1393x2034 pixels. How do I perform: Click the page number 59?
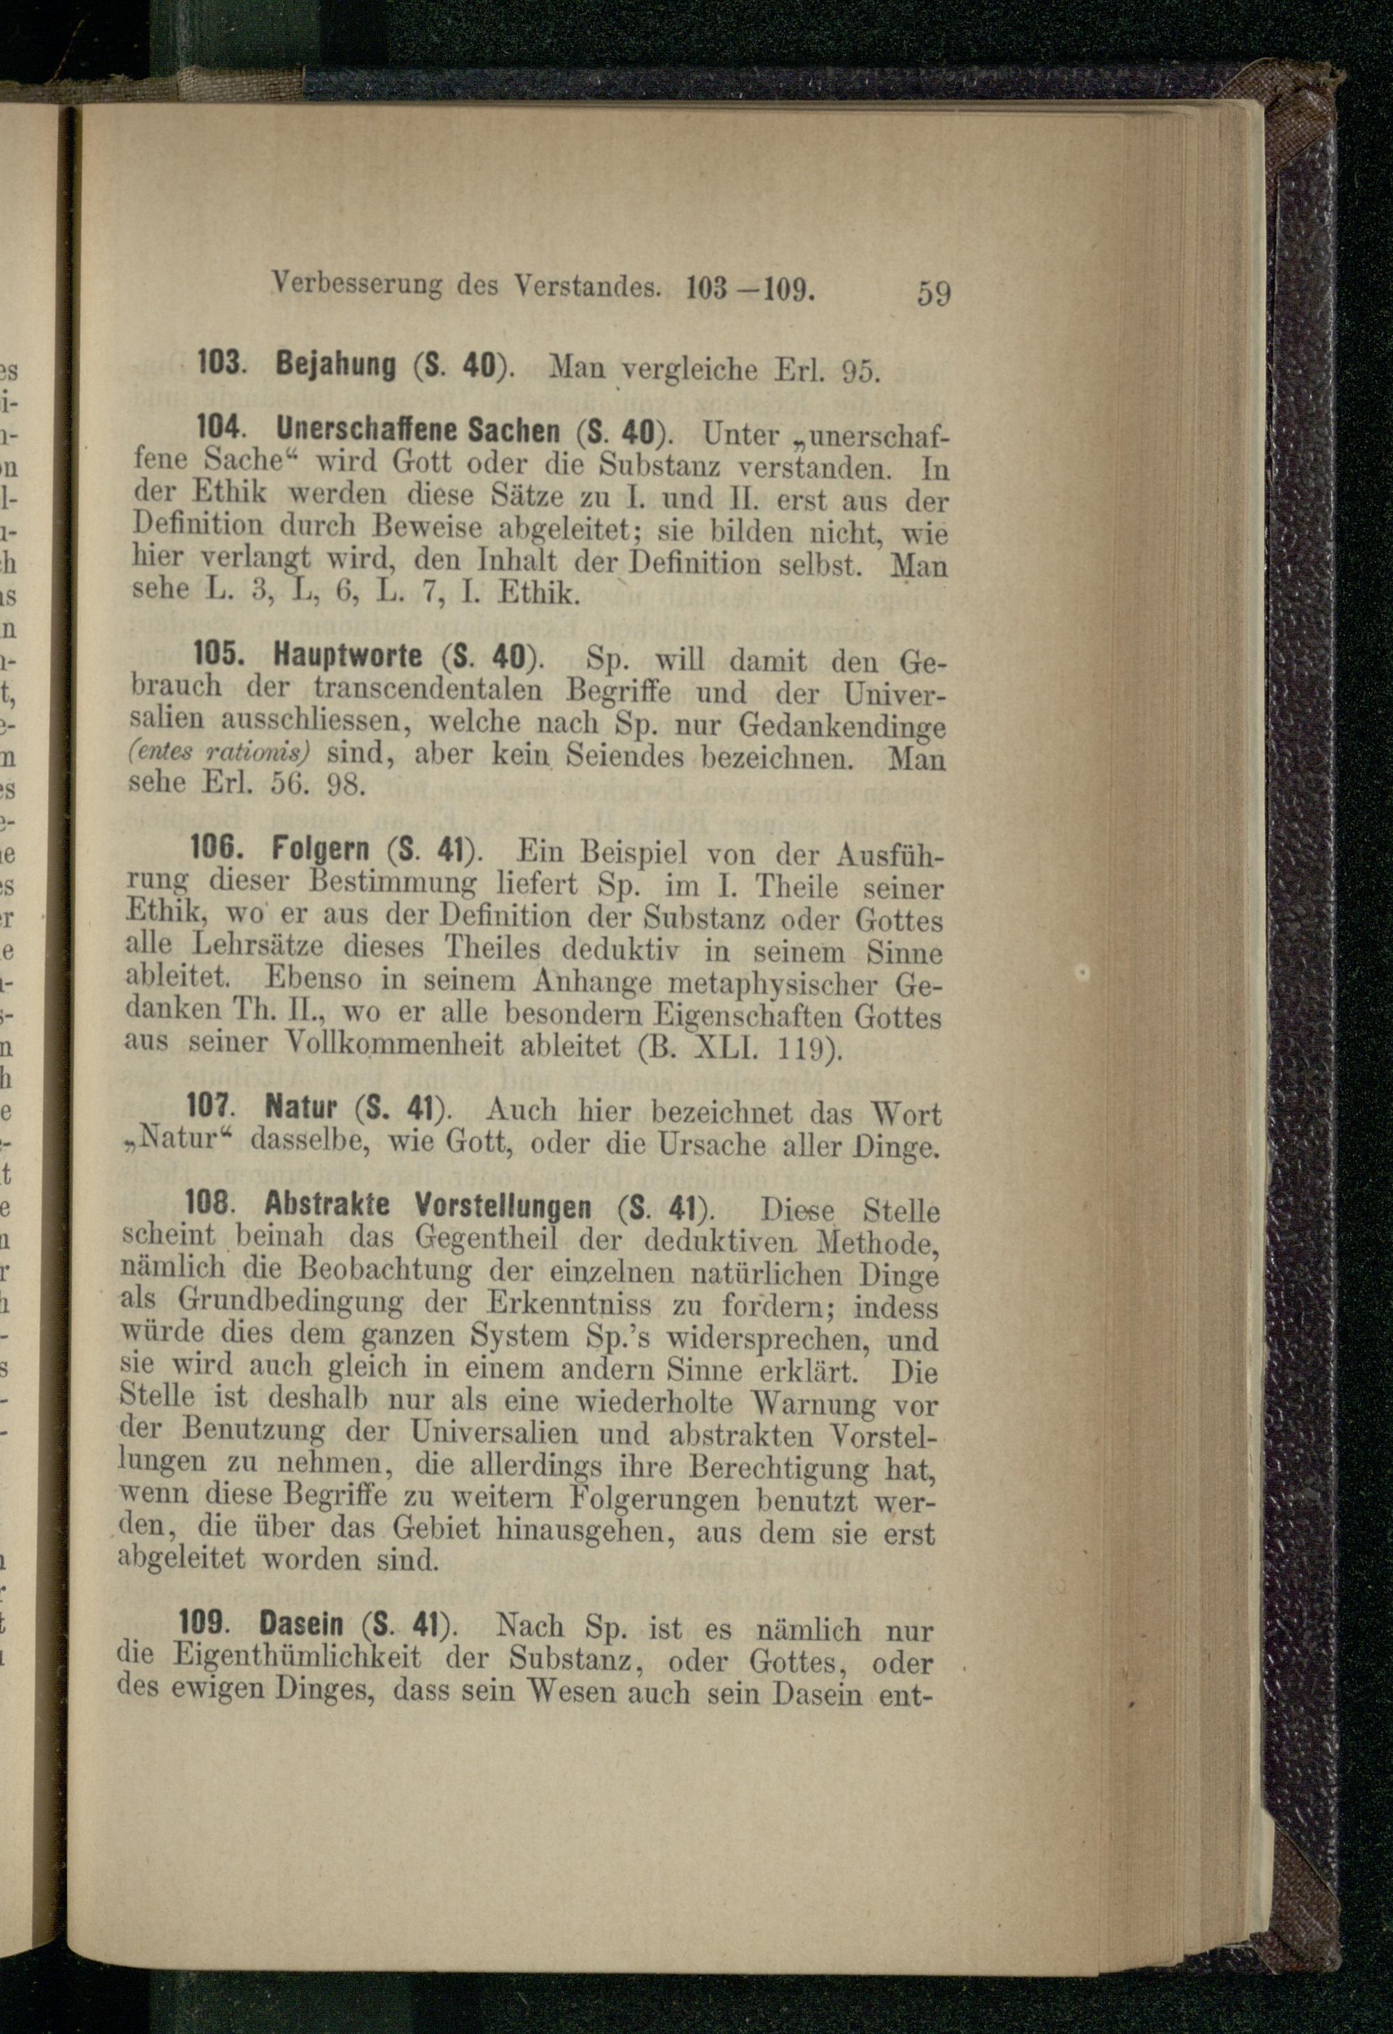pos(933,292)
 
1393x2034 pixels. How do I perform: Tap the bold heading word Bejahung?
pos(336,365)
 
